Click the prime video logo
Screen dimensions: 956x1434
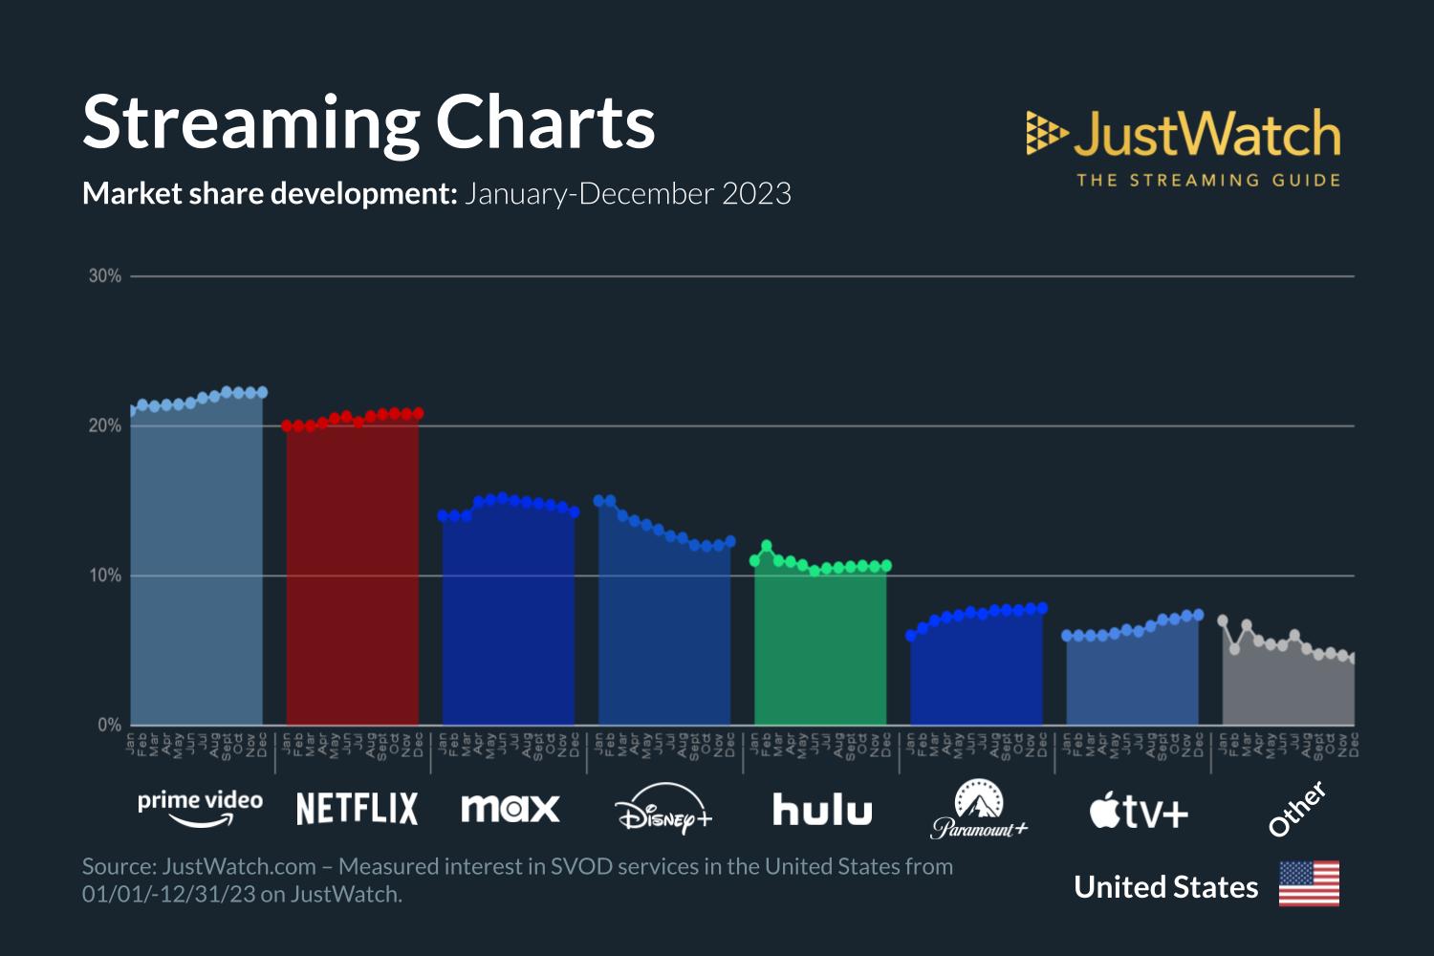click(x=200, y=806)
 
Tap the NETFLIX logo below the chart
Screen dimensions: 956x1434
click(x=357, y=809)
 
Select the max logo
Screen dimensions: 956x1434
click(x=510, y=809)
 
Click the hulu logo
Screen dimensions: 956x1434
click(x=822, y=810)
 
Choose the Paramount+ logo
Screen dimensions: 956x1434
click(x=979, y=811)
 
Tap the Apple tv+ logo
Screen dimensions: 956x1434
click(x=1139, y=812)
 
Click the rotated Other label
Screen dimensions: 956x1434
click(x=1296, y=809)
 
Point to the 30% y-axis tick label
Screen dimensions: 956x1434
click(x=105, y=276)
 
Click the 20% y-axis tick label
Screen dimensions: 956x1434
click(x=105, y=426)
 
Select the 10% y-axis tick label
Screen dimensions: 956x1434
click(x=105, y=576)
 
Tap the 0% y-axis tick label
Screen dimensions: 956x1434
click(x=109, y=726)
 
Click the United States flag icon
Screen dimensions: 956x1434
click(x=1309, y=884)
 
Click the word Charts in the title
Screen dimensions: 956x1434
click(x=545, y=122)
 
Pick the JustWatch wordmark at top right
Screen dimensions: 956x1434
click(x=1206, y=134)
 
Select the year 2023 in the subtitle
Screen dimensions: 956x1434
click(x=756, y=194)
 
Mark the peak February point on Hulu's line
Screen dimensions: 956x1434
click(x=767, y=546)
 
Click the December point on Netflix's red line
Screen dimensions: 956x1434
click(x=418, y=413)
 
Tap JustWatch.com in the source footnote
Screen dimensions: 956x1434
click(x=239, y=867)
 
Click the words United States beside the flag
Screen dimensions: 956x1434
click(x=1165, y=887)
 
